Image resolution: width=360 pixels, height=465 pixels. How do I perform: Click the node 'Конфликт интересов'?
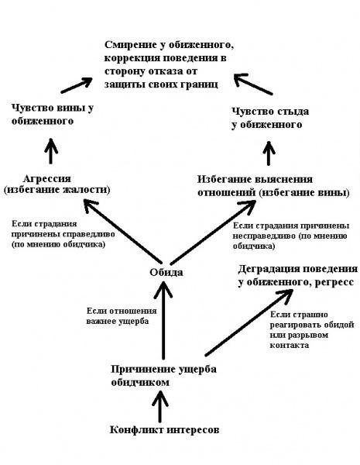(164, 429)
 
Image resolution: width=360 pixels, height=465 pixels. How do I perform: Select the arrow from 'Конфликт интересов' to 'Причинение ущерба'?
(160, 406)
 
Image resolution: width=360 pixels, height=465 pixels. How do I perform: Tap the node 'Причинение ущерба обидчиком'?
(163, 375)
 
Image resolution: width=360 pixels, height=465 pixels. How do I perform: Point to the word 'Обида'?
(166, 272)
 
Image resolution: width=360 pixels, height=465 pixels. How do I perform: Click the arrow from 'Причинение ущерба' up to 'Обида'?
(163, 320)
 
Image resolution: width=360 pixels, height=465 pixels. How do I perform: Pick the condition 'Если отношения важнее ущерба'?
(122, 316)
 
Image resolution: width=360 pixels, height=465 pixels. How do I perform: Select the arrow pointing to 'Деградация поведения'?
(249, 322)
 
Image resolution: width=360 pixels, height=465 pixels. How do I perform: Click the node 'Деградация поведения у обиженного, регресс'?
(297, 275)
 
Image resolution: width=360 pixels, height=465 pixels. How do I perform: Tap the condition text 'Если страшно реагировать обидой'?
(312, 330)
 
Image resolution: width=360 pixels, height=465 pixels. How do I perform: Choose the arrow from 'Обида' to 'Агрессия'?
(122, 231)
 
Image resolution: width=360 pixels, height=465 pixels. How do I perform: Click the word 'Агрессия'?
(46, 179)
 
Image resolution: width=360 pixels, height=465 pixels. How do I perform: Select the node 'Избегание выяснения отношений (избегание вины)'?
(273, 186)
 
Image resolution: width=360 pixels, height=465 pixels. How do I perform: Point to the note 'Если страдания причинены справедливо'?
(63, 234)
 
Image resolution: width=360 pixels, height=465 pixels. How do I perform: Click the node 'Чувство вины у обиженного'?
(53, 114)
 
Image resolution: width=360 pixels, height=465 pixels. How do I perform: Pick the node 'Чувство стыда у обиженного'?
(270, 118)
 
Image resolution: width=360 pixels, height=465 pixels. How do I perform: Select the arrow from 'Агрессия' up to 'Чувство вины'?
(51, 151)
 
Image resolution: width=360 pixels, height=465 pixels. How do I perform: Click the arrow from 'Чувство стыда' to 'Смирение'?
(252, 84)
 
